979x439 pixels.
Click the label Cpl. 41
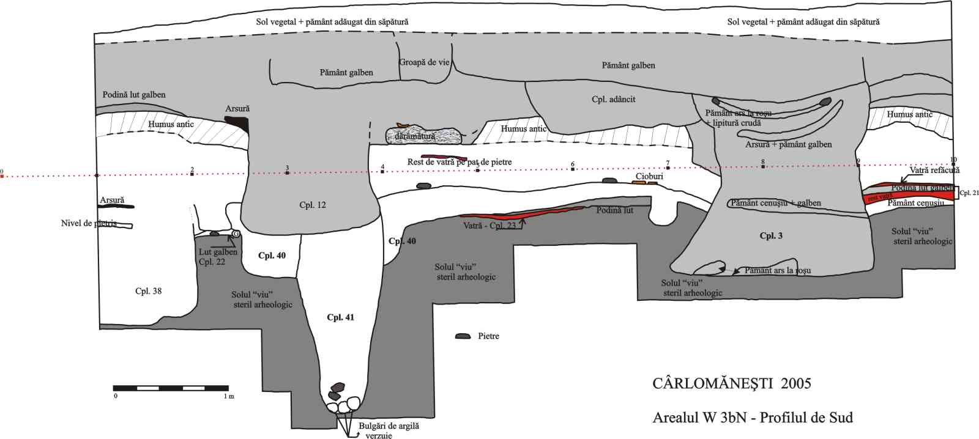(340, 317)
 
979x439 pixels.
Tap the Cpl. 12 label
(312, 205)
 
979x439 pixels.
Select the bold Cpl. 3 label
(770, 236)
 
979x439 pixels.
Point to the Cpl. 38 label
(148, 291)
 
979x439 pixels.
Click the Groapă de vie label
(424, 62)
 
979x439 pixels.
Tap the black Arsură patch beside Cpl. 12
(237, 123)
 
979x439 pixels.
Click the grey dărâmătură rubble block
(423, 135)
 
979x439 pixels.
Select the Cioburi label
(649, 176)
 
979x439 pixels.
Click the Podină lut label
(614, 210)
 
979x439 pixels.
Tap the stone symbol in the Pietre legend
(463, 336)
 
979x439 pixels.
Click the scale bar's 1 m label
(228, 396)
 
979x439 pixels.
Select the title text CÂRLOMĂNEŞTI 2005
(731, 383)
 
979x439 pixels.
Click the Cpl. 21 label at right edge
(969, 193)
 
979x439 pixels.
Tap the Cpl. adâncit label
(613, 99)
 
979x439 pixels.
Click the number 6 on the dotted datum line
(573, 164)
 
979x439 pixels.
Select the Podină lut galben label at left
(133, 95)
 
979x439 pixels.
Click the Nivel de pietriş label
(89, 223)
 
